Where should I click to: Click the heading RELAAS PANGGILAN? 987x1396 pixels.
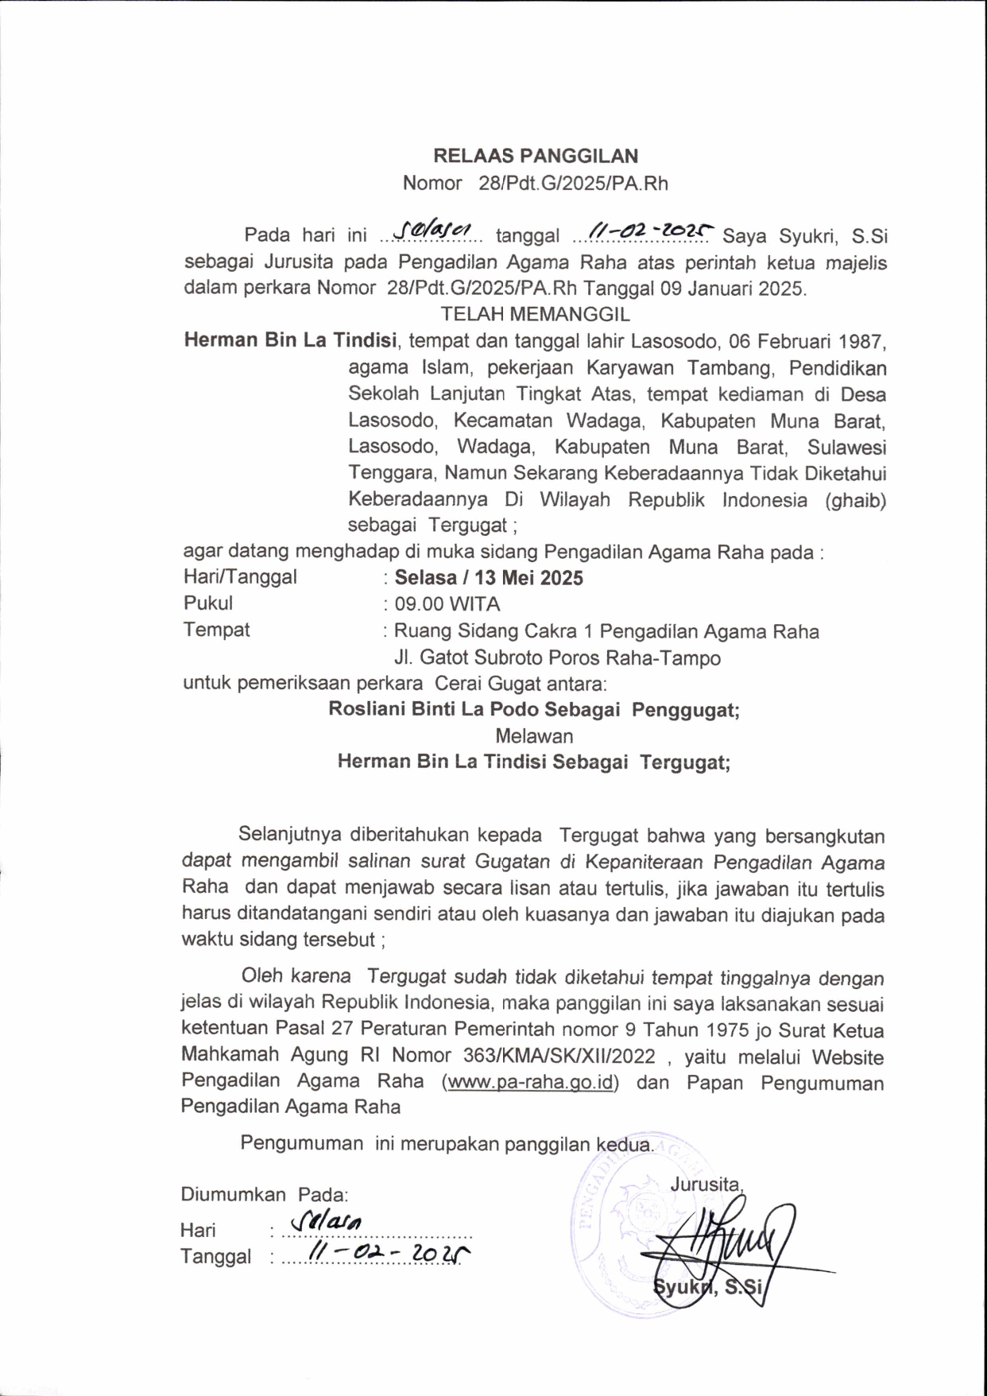535,156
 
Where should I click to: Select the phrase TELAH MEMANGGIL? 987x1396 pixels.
535,314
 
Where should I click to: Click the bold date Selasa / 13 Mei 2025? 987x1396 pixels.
489,578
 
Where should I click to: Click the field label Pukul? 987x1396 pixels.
208,603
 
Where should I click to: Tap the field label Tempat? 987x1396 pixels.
216,630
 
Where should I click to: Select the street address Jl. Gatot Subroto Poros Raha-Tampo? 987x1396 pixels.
557,658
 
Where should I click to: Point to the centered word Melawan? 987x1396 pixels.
534,736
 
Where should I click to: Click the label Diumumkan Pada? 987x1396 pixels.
264,1194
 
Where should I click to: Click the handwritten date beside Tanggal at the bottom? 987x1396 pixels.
389,1254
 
